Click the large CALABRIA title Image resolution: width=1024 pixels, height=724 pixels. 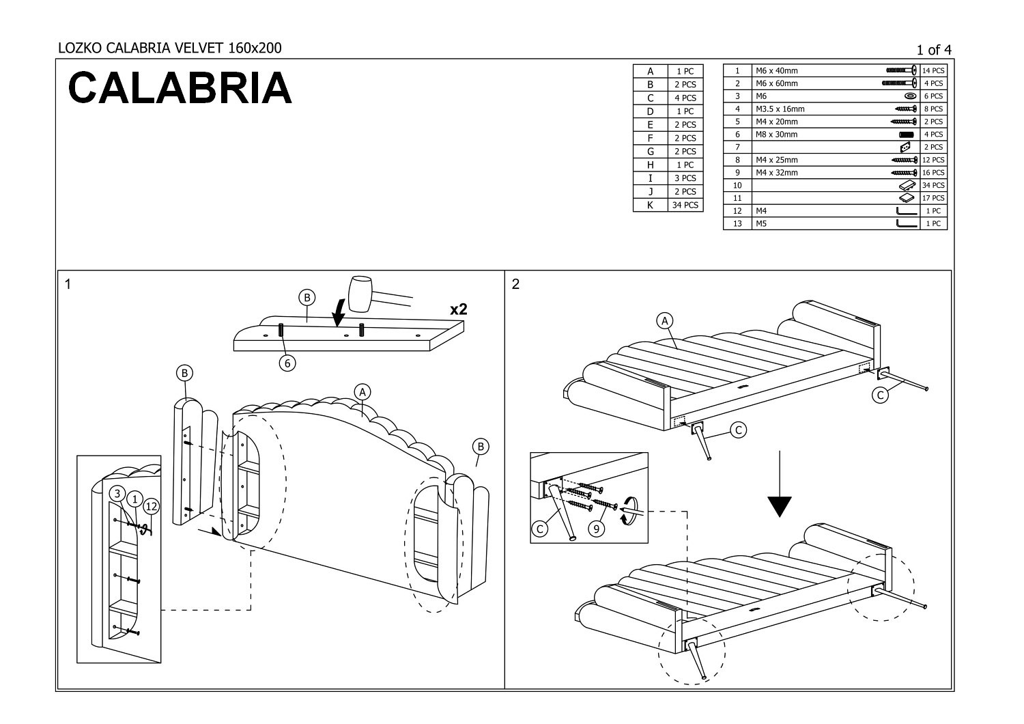180,88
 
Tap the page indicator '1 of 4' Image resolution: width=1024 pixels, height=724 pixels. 934,49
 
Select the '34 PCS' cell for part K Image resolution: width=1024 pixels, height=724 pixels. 685,205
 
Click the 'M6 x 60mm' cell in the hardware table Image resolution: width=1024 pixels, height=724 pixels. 776,83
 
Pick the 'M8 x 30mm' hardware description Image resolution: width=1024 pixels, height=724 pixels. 776,135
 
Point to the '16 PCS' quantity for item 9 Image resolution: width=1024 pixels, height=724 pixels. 933,173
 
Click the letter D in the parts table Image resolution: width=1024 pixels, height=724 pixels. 650,111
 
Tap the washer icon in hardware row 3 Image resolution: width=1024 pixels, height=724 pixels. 910,96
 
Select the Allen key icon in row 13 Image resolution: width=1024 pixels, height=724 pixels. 907,223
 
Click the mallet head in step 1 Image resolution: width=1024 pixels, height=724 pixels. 361,292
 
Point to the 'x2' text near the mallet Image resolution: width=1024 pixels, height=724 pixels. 459,309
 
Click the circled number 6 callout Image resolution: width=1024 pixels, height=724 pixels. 287,363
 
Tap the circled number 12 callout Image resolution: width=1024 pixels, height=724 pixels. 152,506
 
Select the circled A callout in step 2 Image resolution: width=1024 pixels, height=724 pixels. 664,320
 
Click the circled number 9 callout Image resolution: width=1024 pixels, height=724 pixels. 597,529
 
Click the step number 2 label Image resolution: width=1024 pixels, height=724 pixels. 515,284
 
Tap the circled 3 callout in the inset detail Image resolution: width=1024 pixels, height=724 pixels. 117,493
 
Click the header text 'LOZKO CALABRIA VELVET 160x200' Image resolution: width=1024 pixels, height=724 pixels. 169,48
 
